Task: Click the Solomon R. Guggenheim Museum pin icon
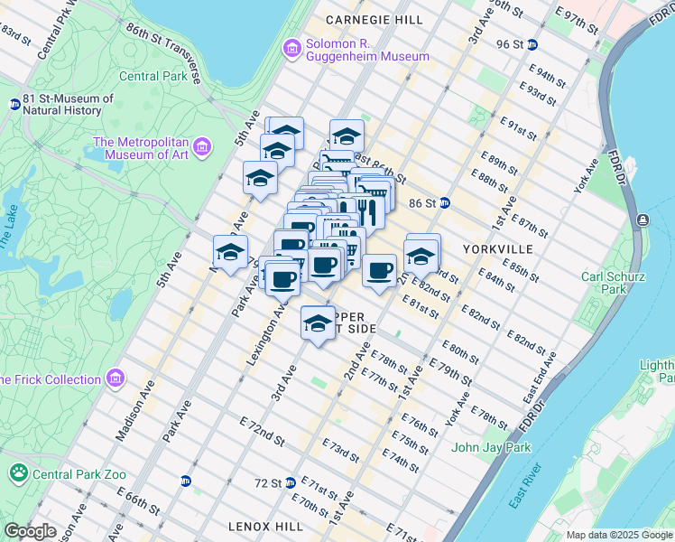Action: tap(291, 48)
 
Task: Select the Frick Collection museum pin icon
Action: tap(115, 378)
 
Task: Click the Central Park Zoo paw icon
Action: tap(18, 472)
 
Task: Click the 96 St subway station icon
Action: tap(532, 44)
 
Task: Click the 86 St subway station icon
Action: tap(444, 204)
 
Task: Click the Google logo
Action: tap(30, 532)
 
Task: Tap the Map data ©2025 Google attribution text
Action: tap(618, 535)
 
